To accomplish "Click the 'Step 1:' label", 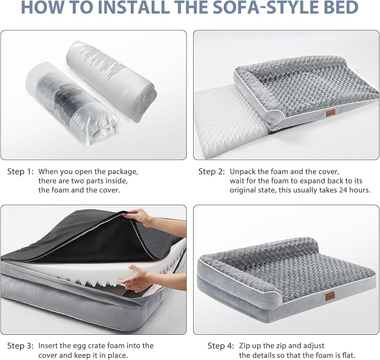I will (20, 171).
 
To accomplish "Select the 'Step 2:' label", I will (212, 171).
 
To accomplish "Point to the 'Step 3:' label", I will (20, 345).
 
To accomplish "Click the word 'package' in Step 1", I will (122, 171).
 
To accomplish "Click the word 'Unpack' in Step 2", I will (242, 171).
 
